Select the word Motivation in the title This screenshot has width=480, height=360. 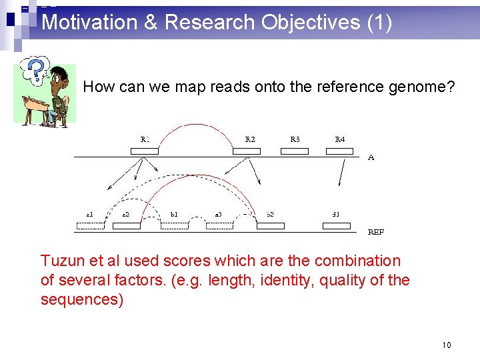pyautogui.click(x=89, y=23)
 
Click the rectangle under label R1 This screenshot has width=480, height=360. pyautogui.click(x=145, y=151)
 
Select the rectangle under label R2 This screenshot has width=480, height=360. pyautogui.click(x=247, y=151)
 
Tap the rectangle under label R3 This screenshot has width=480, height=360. pyautogui.click(x=295, y=151)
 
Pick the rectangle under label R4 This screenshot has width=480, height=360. pyautogui.click(x=340, y=151)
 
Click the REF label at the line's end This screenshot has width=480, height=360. pyautogui.click(x=376, y=232)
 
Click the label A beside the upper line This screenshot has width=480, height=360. pyautogui.click(x=371, y=158)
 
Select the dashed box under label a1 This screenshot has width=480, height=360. pyautogui.click(x=91, y=225)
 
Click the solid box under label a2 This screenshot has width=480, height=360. pyautogui.click(x=127, y=225)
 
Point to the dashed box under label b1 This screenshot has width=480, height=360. pyautogui.click(x=175, y=225)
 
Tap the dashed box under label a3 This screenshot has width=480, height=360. pyautogui.click(x=219, y=225)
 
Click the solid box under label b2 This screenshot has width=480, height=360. pyautogui.click(x=271, y=225)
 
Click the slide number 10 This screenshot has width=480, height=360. pyautogui.click(x=446, y=345)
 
